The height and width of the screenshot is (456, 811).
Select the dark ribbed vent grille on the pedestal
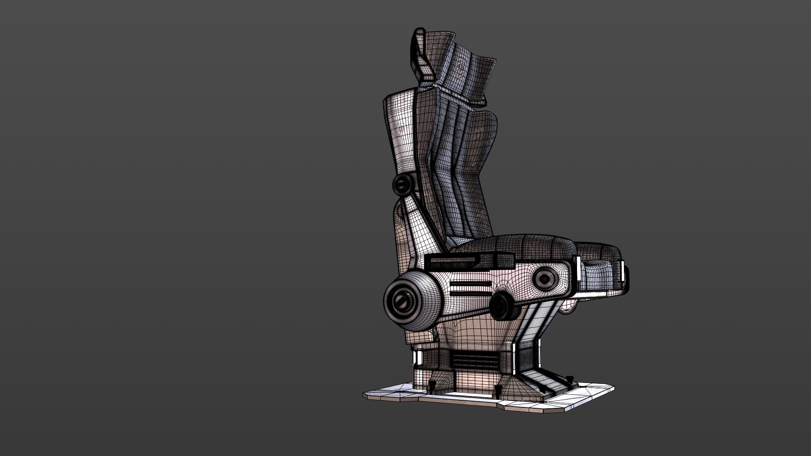click(474, 361)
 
